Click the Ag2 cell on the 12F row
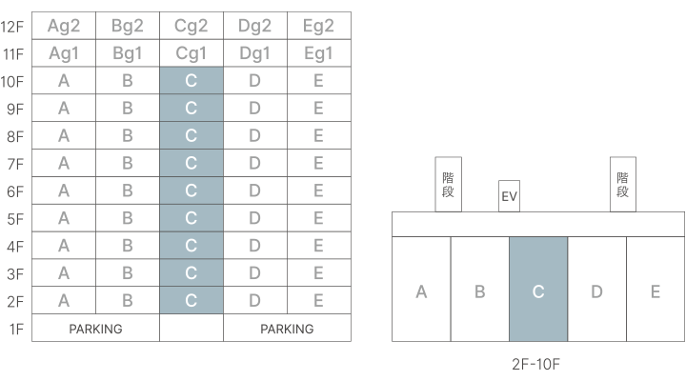tap(64, 26)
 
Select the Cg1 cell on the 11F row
tap(192, 53)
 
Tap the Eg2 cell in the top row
tap(318, 26)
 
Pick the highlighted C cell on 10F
tap(192, 81)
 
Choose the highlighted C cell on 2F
tap(192, 300)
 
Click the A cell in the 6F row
tap(64, 190)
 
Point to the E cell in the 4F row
tap(318, 246)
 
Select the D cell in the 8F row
tap(254, 135)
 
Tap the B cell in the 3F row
tap(128, 273)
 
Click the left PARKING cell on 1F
tap(95, 329)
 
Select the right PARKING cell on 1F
tap(287, 329)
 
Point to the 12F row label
tap(14, 26)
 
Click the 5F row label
tap(14, 218)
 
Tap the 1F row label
tap(14, 329)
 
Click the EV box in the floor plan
tap(509, 197)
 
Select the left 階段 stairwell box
tap(448, 183)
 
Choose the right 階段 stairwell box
tap(623, 183)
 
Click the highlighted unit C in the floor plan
tap(538, 290)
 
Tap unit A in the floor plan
tap(421, 290)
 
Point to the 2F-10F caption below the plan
tap(538, 363)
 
